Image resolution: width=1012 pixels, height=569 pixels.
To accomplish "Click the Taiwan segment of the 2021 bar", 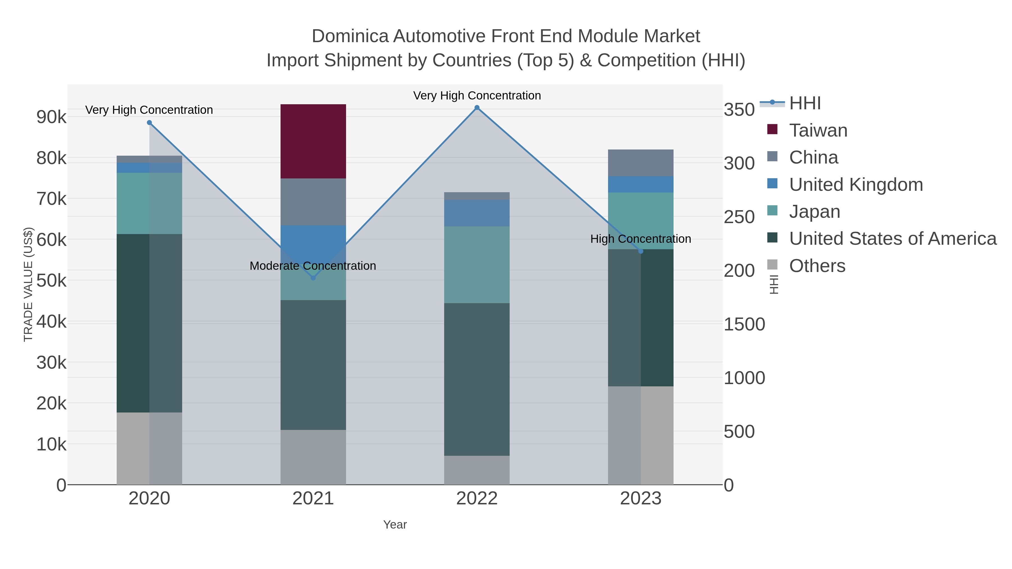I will click(x=313, y=141).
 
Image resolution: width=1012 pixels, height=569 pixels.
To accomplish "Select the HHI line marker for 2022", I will click(x=477, y=108).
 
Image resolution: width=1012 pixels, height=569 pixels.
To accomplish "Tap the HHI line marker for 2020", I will click(x=149, y=123).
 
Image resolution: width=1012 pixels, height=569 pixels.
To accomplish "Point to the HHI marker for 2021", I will click(x=313, y=278).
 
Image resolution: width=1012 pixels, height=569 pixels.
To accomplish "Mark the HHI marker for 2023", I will click(x=641, y=251).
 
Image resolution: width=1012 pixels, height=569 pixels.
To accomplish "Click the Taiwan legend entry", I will click(x=818, y=130).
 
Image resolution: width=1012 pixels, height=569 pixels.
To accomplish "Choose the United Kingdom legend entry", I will click(x=856, y=185).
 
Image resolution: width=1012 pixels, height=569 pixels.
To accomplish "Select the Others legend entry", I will click(x=817, y=266).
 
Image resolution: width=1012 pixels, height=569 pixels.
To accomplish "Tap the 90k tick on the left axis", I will click(x=51, y=117).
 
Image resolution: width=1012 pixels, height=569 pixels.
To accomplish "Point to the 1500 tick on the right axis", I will click(x=744, y=324).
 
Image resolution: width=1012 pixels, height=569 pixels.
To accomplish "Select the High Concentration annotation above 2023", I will click(x=640, y=239).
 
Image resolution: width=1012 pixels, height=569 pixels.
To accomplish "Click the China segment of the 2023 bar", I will click(x=641, y=163).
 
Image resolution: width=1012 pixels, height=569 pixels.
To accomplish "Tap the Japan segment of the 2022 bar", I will click(x=477, y=265).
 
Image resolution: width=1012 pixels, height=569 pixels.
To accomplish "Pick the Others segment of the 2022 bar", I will click(x=477, y=470).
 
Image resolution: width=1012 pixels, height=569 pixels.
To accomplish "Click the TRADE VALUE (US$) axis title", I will click(x=28, y=284).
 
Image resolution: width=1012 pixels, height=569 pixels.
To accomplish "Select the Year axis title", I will click(x=395, y=525).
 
